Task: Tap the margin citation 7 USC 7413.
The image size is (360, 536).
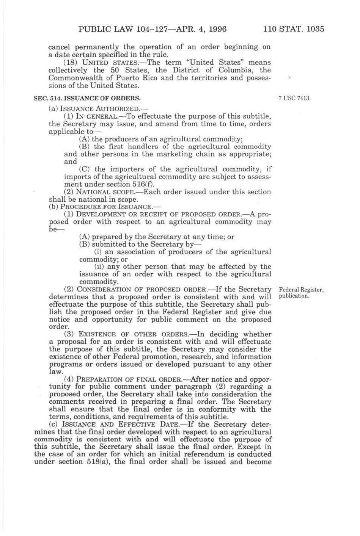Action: (294, 98)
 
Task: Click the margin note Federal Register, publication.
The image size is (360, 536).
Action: (301, 293)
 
